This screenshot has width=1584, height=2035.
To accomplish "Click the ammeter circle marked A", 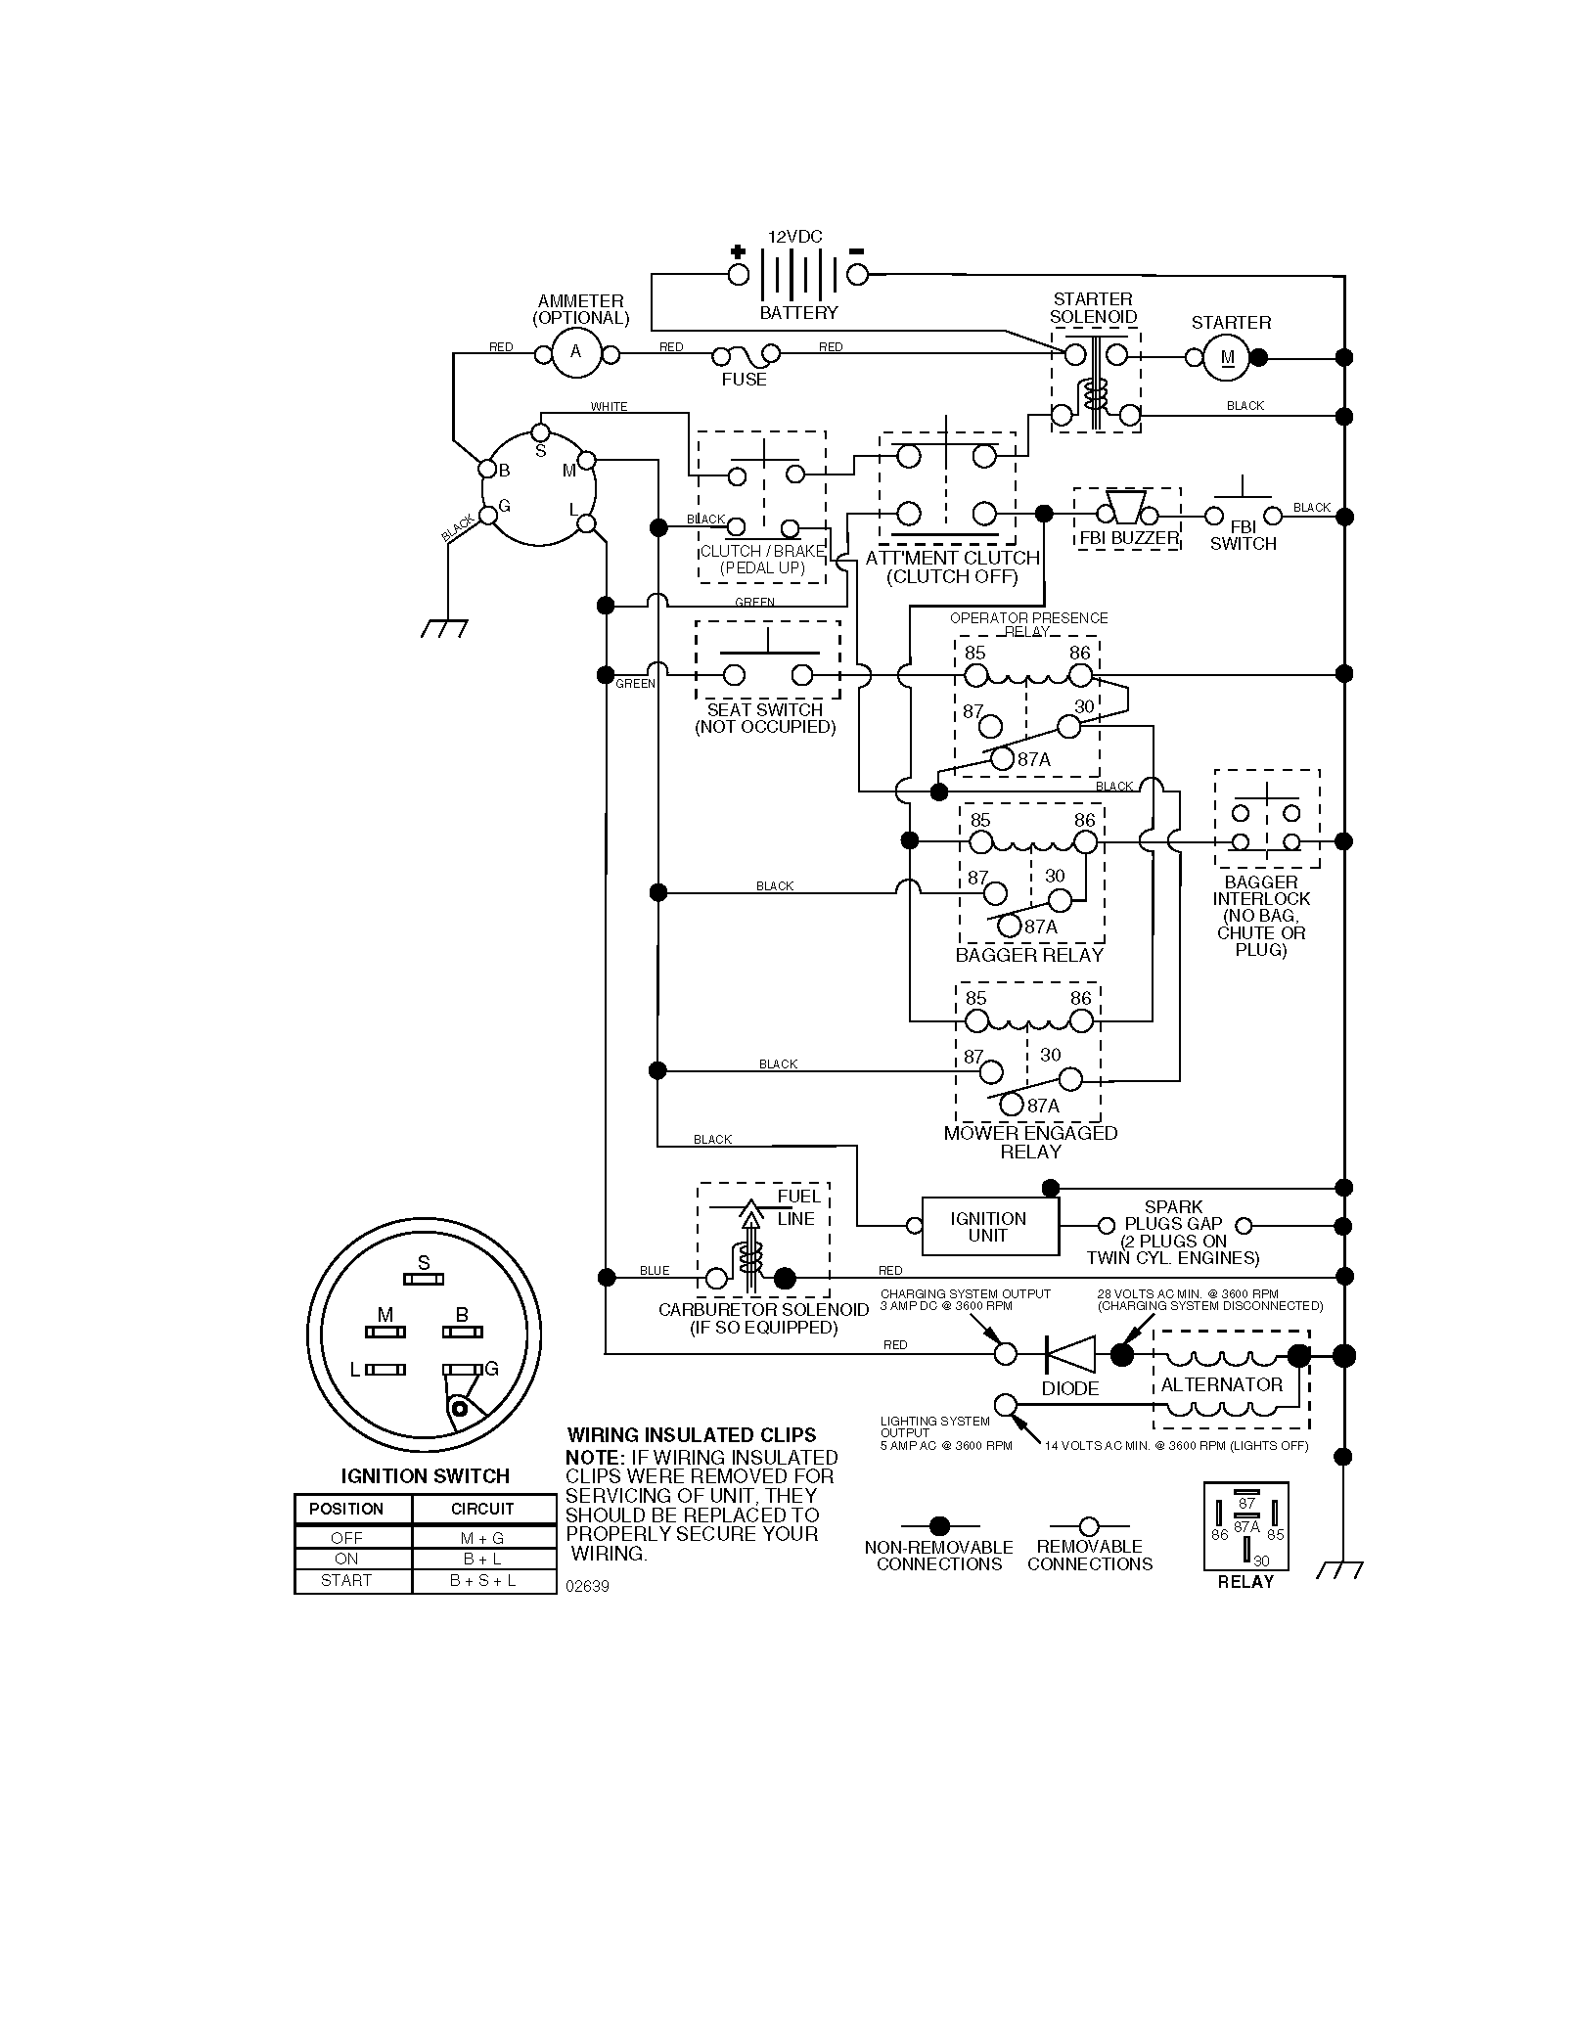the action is point(575,352).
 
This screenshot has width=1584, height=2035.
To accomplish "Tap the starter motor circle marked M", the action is point(1228,358).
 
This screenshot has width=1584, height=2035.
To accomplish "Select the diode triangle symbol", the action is point(1070,1354).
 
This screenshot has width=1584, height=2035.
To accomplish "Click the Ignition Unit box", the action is point(990,1226).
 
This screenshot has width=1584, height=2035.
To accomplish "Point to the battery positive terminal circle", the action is point(738,275).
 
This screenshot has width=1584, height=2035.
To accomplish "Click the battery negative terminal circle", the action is point(857,275).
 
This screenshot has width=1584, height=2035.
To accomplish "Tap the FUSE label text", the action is point(744,380).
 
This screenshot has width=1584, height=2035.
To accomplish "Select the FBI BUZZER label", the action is point(1129,538).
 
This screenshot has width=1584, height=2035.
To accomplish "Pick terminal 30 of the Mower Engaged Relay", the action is point(1071,1079).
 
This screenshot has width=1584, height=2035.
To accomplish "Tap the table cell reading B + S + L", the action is point(483,1580).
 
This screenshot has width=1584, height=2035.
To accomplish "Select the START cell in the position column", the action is point(346,1580).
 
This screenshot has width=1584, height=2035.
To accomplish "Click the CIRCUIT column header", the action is point(482,1509).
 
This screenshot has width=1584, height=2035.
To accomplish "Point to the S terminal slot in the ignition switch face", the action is point(424,1279).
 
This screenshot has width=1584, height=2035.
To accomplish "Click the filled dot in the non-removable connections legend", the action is point(939,1525).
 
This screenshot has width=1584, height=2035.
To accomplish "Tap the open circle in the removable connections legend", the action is point(1088,1525).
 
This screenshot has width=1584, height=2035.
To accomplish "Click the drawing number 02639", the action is point(587,1586).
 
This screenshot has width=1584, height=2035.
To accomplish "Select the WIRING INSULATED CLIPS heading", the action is point(692,1435).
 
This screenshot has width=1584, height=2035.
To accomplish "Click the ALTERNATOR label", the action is point(1221,1384).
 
